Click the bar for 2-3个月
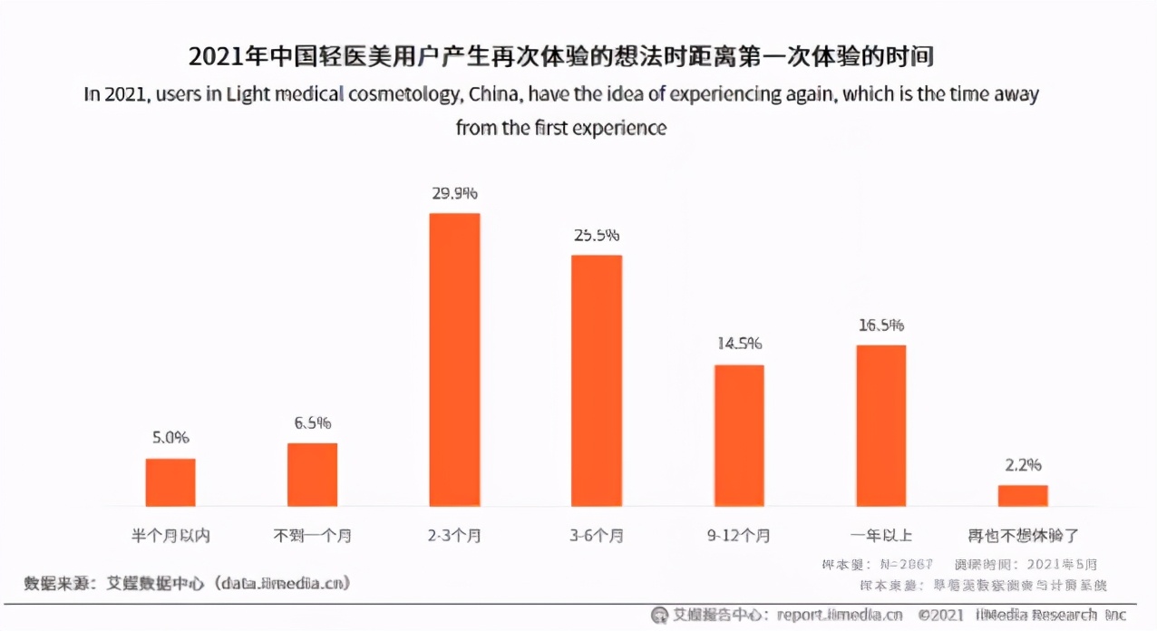(x=454, y=359)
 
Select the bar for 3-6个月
(x=596, y=380)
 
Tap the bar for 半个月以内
(x=170, y=481)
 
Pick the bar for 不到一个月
(x=312, y=474)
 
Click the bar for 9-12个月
(x=739, y=435)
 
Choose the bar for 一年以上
(x=881, y=425)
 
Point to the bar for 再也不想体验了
(x=1023, y=495)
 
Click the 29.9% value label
(x=454, y=193)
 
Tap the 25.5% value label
(x=596, y=235)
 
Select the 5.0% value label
(x=170, y=438)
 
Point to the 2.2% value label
(x=1023, y=465)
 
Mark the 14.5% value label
(x=739, y=344)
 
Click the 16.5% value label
(x=881, y=325)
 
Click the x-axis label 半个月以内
(x=170, y=536)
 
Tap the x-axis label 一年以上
(x=881, y=536)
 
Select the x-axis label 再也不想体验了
(x=1023, y=536)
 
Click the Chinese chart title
(x=560, y=56)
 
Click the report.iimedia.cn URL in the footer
(x=840, y=615)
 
